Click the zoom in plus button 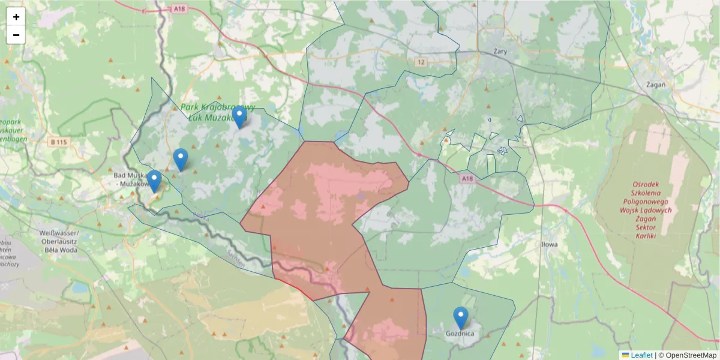coord(16,17)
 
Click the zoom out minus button coord(16,35)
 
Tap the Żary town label coord(499,52)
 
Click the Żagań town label coord(656,85)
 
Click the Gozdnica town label coord(460,334)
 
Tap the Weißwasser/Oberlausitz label coord(59,236)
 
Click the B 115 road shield coord(58,142)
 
